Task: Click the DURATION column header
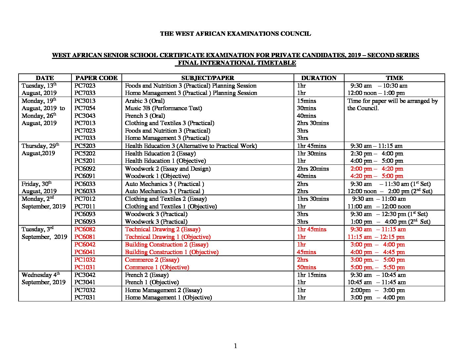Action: tap(318, 78)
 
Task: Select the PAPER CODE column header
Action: tap(96, 78)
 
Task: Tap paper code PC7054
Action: tap(85, 108)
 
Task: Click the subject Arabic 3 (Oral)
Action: tap(145, 101)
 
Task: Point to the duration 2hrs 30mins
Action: tap(313, 123)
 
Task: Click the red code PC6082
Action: tap(85, 229)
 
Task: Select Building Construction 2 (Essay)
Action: tap(166, 245)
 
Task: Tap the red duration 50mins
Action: tap(306, 267)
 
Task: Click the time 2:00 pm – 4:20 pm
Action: tap(377, 169)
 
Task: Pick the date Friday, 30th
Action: tap(36, 184)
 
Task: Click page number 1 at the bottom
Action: tap(235, 346)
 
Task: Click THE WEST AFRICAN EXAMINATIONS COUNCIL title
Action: tap(235, 33)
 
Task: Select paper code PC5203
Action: tap(85, 146)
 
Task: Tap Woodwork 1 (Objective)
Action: tap(157, 176)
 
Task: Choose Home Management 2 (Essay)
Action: tap(163, 290)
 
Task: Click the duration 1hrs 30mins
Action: tap(313, 199)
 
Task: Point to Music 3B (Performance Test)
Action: tap(163, 108)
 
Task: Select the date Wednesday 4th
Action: tap(41, 275)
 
